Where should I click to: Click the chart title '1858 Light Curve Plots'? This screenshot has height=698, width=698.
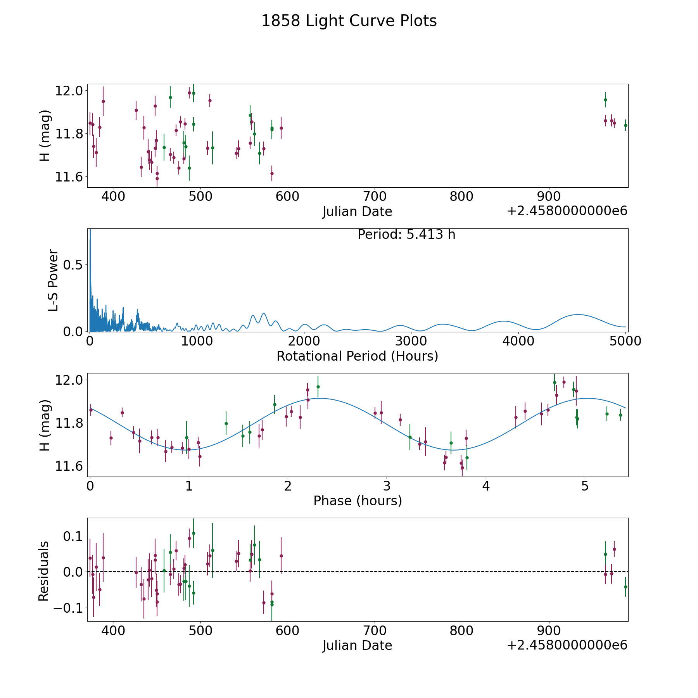click(x=349, y=21)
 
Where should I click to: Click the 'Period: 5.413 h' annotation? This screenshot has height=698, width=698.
click(x=406, y=235)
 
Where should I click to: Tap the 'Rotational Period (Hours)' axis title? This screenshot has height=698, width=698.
click(x=357, y=356)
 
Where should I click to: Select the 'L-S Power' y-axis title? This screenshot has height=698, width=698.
click(x=54, y=280)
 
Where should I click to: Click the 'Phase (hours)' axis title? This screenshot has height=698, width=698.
click(x=358, y=501)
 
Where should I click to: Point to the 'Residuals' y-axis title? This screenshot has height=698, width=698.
click(x=44, y=571)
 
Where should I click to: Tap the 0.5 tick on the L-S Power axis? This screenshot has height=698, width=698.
click(x=74, y=265)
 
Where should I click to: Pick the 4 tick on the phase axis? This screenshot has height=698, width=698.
click(x=486, y=486)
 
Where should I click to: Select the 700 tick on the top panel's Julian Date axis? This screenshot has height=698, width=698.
click(x=375, y=197)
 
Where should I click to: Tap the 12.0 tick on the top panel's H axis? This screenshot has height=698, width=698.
click(x=69, y=91)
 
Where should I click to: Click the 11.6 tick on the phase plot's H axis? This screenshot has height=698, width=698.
click(x=69, y=466)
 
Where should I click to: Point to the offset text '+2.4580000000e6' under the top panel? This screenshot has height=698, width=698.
click(x=567, y=211)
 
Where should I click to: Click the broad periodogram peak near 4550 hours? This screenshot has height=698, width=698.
click(x=578, y=314)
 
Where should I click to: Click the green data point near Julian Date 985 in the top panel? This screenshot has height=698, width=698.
click(x=625, y=125)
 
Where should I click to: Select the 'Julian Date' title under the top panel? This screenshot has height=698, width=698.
click(x=357, y=212)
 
